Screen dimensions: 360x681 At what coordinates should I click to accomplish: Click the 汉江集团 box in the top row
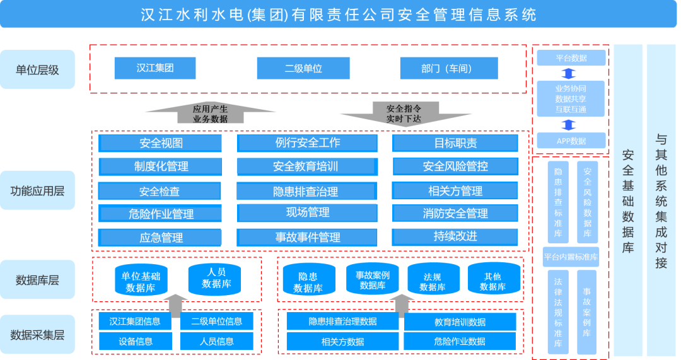pyautogui.click(x=155, y=68)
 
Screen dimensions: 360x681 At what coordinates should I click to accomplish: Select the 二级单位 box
pyautogui.click(x=303, y=68)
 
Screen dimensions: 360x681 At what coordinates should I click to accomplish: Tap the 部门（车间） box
pyautogui.click(x=448, y=68)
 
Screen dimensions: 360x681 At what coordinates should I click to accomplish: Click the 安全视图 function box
pyautogui.click(x=160, y=143)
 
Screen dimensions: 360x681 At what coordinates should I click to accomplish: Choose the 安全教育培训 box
pyautogui.click(x=306, y=166)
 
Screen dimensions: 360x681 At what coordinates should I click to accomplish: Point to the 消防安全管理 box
pyautogui.click(x=455, y=214)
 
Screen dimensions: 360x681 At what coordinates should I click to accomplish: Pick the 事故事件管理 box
pyautogui.click(x=307, y=237)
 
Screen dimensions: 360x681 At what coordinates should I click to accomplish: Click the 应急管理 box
pyautogui.click(x=160, y=238)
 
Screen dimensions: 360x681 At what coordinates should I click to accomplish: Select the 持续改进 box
pyautogui.click(x=455, y=236)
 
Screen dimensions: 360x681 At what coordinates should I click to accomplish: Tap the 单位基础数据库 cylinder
pyautogui.click(x=141, y=281)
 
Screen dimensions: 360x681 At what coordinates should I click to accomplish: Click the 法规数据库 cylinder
pyautogui.click(x=432, y=281)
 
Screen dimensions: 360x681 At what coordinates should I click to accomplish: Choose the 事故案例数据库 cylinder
pyautogui.click(x=372, y=280)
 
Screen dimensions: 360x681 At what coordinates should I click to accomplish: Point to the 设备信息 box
pyautogui.click(x=136, y=342)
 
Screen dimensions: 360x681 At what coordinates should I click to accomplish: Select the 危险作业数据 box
pyautogui.click(x=459, y=342)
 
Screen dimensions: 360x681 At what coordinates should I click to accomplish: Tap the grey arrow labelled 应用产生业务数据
pyautogui.click(x=210, y=113)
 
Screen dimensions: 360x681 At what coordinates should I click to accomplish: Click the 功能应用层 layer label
pyautogui.click(x=37, y=190)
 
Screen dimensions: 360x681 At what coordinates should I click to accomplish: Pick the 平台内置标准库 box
pyautogui.click(x=571, y=257)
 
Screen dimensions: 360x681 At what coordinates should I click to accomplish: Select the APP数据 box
pyautogui.click(x=571, y=141)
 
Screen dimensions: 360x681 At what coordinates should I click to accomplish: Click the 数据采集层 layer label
pyautogui.click(x=37, y=335)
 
